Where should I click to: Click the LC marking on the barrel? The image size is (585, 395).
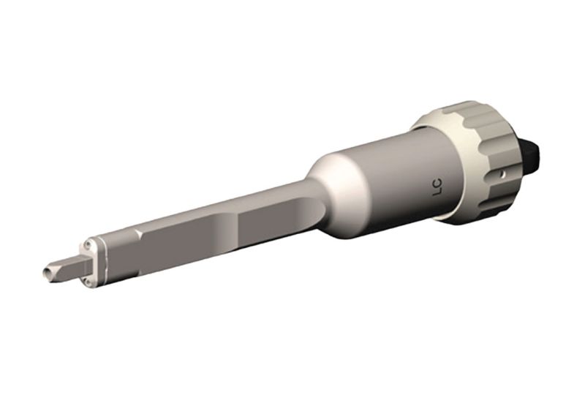pyautogui.click(x=438, y=189)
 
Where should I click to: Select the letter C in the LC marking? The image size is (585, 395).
pyautogui.click(x=439, y=184)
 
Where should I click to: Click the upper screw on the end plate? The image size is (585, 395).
pyautogui.click(x=88, y=244)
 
